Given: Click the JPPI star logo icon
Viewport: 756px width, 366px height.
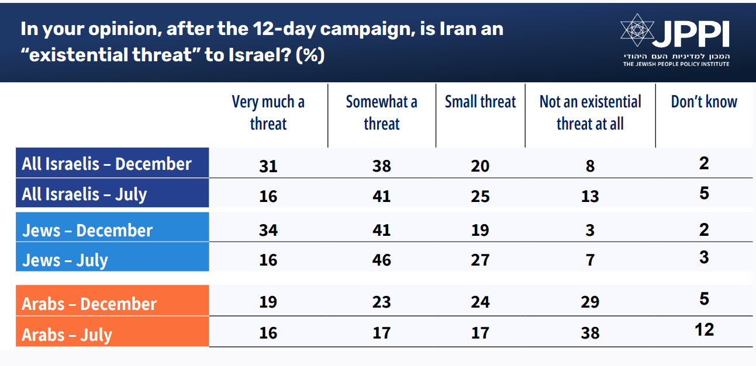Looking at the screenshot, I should coord(637,30).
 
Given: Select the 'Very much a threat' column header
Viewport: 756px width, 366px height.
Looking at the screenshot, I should coord(268,113).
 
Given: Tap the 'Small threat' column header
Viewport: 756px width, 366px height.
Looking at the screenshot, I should coord(480,102).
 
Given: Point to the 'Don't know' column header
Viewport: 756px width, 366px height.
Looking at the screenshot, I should coord(704,102).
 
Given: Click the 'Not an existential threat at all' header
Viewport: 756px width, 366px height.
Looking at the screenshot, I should coord(590,113).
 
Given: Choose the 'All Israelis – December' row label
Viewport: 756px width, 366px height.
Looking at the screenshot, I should coord(107,163).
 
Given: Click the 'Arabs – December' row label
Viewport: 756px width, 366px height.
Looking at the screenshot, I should coord(89,304).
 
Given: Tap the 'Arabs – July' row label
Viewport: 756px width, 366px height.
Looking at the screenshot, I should coord(67,334).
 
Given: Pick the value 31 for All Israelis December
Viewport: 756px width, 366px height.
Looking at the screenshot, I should coord(268,166).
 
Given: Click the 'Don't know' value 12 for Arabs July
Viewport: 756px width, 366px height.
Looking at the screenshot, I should coord(704,330).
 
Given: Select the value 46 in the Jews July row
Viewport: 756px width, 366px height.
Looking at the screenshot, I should coord(381,260).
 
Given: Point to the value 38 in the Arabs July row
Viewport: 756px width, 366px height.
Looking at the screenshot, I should coord(590,333).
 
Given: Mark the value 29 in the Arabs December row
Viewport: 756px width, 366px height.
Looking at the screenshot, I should coord(590,302).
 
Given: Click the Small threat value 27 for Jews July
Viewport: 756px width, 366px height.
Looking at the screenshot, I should coord(480,260).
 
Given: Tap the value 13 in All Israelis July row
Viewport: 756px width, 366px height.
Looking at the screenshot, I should coord(590,197).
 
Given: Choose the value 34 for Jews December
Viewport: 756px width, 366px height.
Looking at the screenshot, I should coord(268,230).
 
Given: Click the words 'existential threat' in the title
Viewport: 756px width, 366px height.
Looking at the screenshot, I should coord(111,55).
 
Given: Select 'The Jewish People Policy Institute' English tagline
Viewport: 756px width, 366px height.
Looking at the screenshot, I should coord(676,64).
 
